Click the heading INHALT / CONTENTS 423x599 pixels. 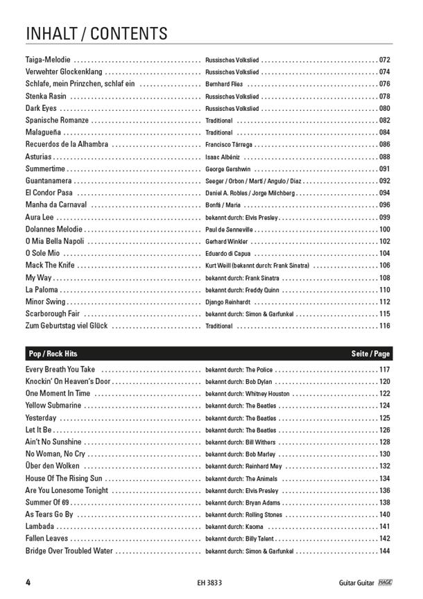96,33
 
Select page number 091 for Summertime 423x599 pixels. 385,169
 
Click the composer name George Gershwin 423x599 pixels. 228,169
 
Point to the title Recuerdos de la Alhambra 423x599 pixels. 67,145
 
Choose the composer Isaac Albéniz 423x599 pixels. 223,157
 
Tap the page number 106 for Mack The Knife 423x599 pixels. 385,266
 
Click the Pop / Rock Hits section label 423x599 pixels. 52,354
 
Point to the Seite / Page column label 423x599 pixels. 371,354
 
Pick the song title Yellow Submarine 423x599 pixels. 53,406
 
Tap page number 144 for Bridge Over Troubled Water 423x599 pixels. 385,551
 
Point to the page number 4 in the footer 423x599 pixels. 27,581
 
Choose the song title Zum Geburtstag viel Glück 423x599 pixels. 67,326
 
